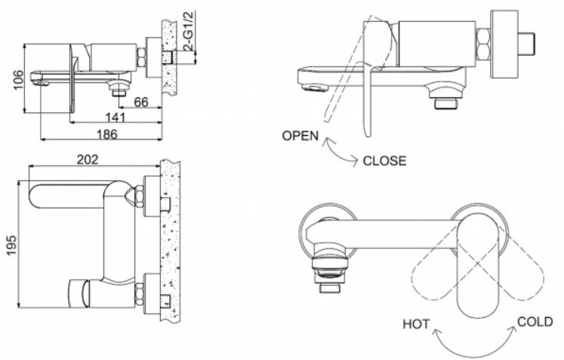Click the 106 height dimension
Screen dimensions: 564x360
pos(18,80)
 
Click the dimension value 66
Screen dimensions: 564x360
pos(141,102)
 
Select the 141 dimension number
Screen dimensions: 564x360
pos(116,118)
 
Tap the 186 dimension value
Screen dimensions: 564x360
pos(107,134)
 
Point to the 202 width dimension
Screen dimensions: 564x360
pos(88,159)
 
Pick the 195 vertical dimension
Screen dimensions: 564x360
pos(12,245)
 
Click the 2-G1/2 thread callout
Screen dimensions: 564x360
pos(189,31)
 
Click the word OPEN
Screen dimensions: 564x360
pos(300,136)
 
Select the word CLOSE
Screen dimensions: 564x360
pos(384,161)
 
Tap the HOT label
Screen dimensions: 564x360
pos(416,324)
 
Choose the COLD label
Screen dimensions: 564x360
pos(535,322)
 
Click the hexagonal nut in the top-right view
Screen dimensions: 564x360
pos(483,45)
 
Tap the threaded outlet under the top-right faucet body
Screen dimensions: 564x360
pos(445,104)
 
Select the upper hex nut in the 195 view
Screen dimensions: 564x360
pos(139,196)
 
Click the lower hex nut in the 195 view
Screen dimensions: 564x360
pos(139,294)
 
